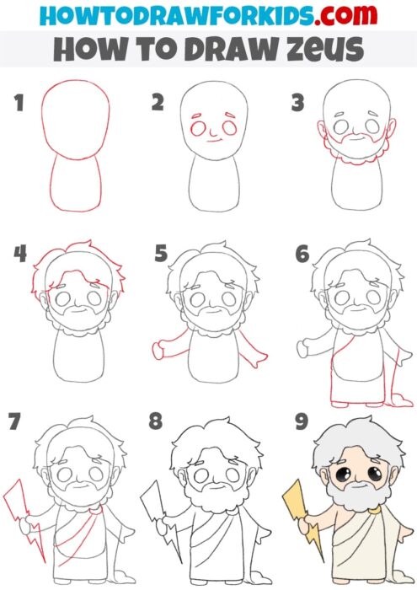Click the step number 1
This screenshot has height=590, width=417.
point(19,104)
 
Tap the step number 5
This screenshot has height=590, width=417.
point(160,254)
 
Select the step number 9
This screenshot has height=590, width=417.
point(301,421)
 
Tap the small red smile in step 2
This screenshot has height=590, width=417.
point(216,140)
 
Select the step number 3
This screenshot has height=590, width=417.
point(297,103)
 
